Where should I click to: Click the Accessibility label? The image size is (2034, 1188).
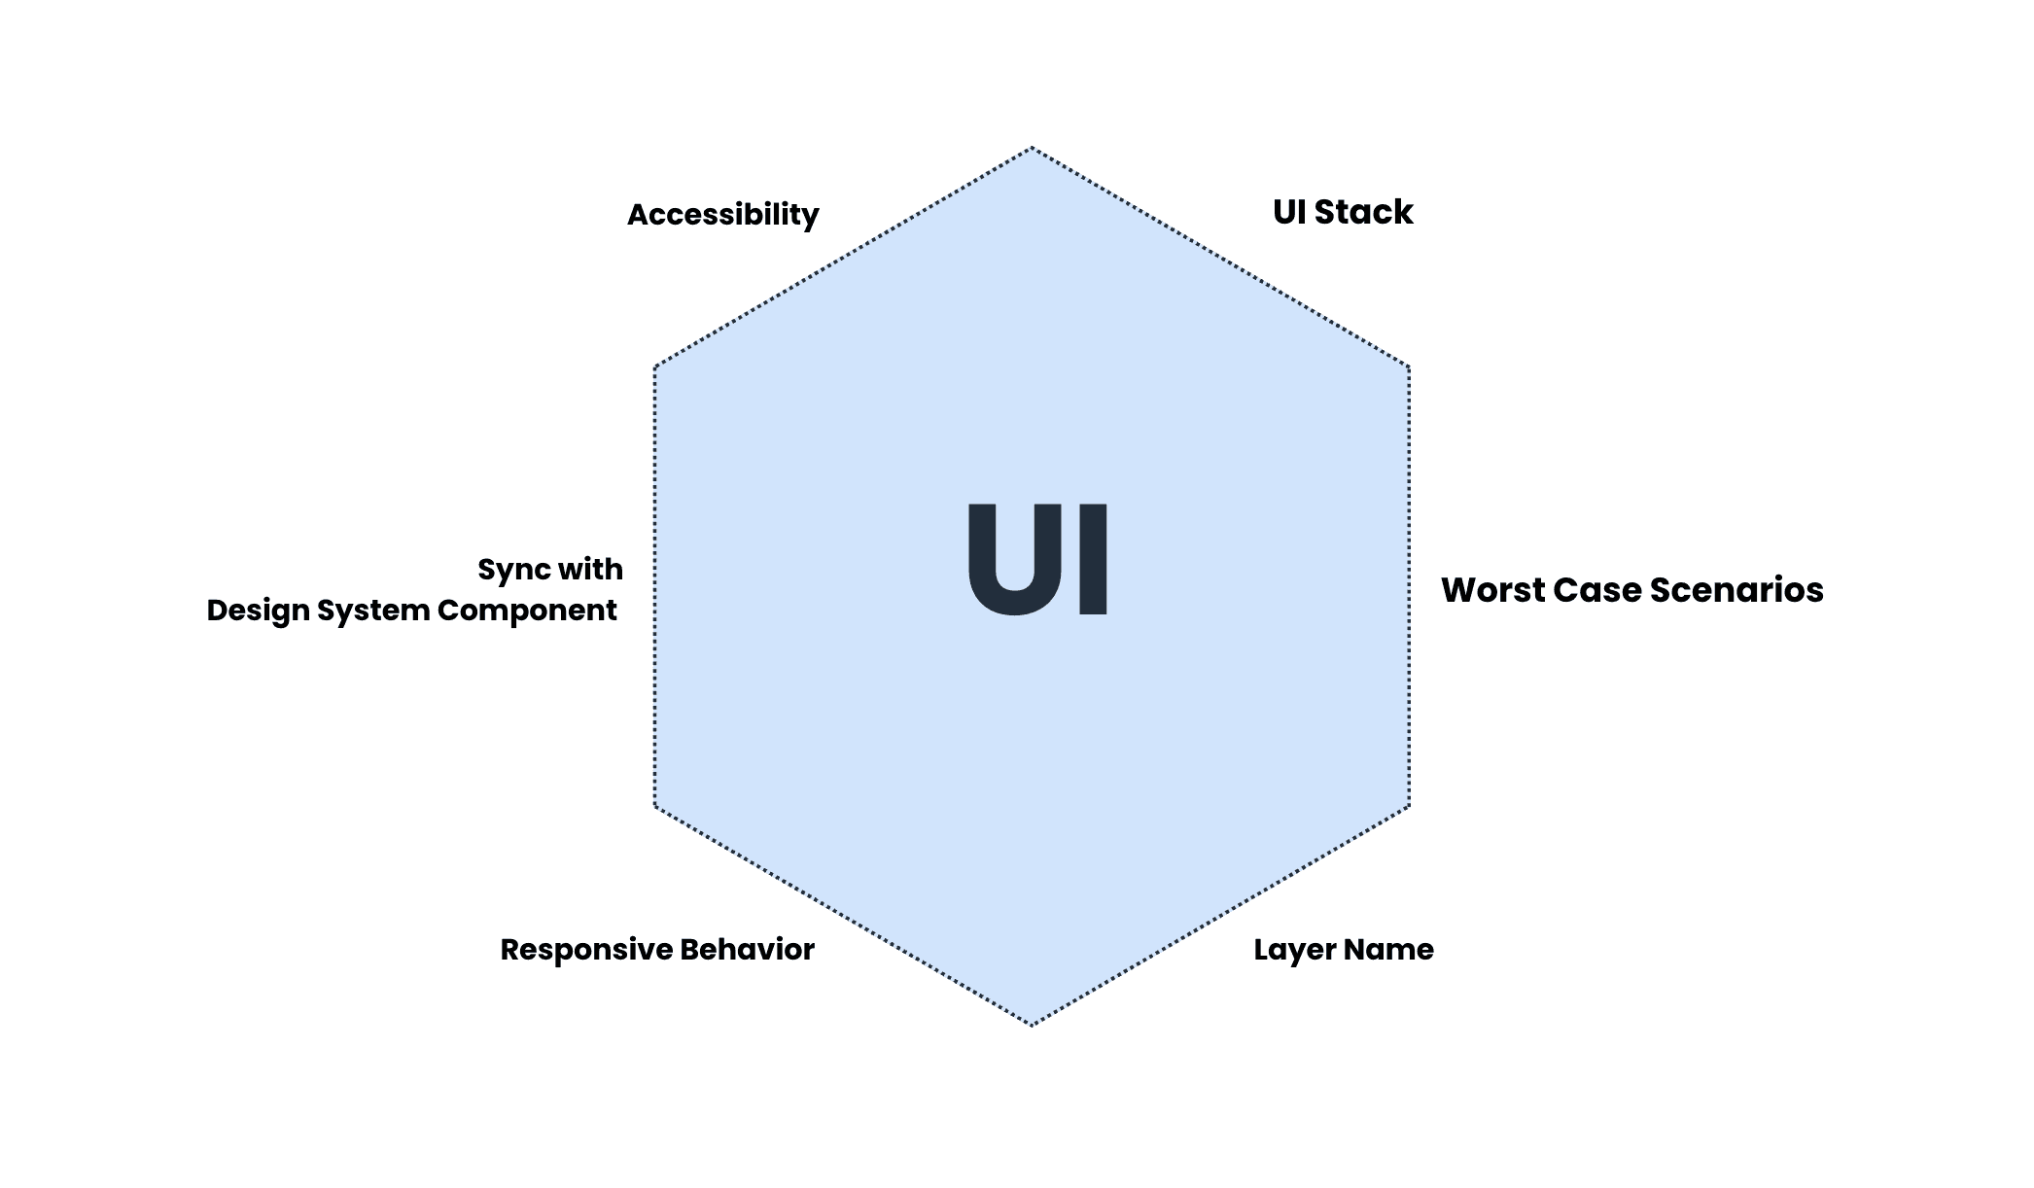(722, 215)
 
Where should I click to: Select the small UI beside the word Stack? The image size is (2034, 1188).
(1289, 212)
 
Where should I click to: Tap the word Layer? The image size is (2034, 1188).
(1291, 950)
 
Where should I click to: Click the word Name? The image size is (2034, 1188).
(1388, 950)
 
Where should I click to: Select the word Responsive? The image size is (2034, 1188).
(585, 950)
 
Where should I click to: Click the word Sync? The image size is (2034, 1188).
(513, 570)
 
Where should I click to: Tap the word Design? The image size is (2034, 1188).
(258, 611)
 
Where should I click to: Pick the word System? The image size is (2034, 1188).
(373, 611)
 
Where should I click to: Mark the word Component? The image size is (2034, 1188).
(527, 611)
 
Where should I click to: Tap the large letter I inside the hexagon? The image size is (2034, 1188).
(1093, 560)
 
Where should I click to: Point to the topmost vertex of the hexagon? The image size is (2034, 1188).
(1032, 148)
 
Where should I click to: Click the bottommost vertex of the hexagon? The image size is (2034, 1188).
(1032, 1025)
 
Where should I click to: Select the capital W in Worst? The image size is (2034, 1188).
(1459, 590)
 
